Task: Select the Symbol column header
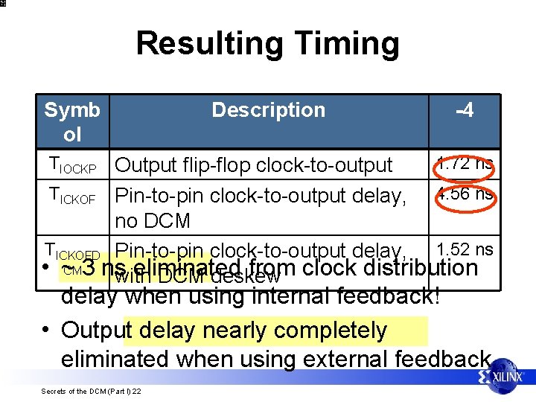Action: (72, 122)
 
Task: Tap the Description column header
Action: (268, 110)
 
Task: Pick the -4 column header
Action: (465, 110)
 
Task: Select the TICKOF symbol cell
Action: (72, 196)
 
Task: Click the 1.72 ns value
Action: (465, 164)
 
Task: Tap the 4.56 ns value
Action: (465, 194)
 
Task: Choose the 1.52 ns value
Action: (465, 249)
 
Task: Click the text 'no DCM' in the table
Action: (153, 221)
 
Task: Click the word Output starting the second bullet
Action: (93, 330)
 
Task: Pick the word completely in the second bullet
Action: (331, 330)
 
